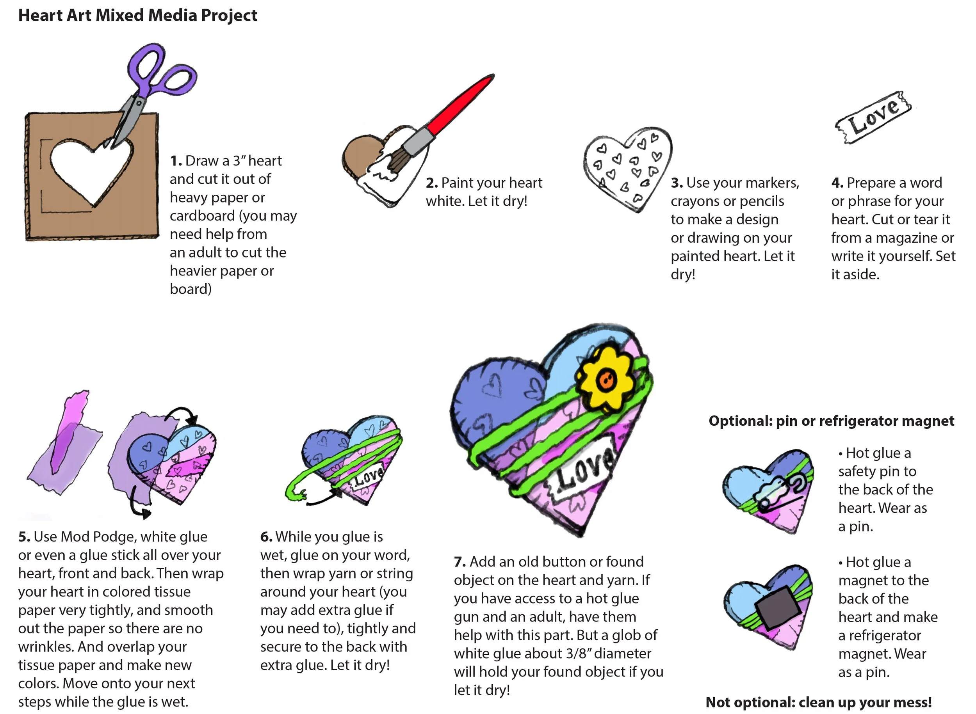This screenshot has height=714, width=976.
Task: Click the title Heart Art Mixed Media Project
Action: [x=137, y=16]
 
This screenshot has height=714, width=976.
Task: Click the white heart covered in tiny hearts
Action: [x=627, y=169]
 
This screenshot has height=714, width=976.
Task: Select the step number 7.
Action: [x=460, y=562]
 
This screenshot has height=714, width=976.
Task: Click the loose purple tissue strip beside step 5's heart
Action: [x=65, y=445]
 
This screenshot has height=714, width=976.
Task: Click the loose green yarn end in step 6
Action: [x=294, y=493]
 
